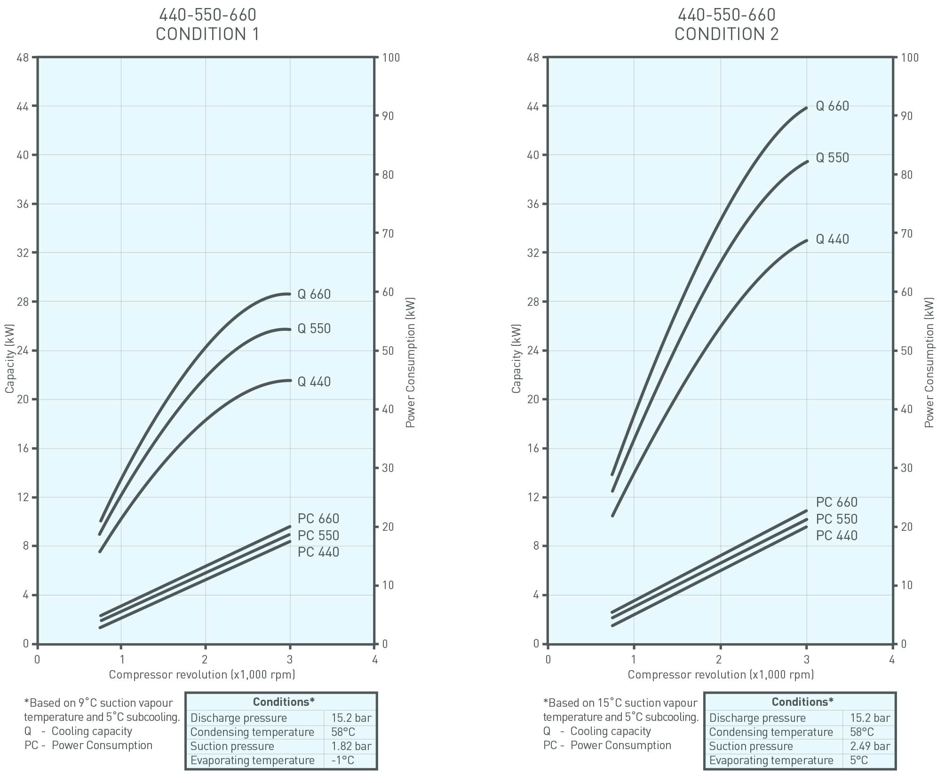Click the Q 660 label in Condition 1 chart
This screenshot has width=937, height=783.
[x=314, y=294]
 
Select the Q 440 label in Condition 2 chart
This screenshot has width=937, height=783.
[x=832, y=239]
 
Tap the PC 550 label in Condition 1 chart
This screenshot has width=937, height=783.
[x=318, y=535]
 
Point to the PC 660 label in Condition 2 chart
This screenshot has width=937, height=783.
[x=836, y=502]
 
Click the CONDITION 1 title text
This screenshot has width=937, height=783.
[x=207, y=34]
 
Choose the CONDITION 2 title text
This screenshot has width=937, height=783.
[x=726, y=34]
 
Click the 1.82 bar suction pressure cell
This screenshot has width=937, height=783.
[x=351, y=746]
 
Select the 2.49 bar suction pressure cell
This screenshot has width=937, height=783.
[x=870, y=746]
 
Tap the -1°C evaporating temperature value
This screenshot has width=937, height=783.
[x=342, y=760]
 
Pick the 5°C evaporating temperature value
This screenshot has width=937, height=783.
[x=859, y=760]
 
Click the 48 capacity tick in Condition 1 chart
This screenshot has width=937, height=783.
[x=23, y=58]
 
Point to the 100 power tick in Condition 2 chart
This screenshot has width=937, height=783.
[x=910, y=58]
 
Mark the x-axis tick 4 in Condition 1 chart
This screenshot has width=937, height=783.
[x=375, y=659]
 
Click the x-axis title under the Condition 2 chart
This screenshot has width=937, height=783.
[x=721, y=675]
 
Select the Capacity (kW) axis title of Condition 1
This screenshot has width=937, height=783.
[x=10, y=359]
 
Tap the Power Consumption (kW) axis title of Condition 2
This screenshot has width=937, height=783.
[x=929, y=362]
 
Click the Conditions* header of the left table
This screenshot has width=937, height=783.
[x=284, y=702]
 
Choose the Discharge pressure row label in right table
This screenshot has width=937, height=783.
[x=757, y=718]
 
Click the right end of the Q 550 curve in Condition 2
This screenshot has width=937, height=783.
[x=806, y=161]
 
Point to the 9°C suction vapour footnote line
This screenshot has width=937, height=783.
[x=99, y=703]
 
